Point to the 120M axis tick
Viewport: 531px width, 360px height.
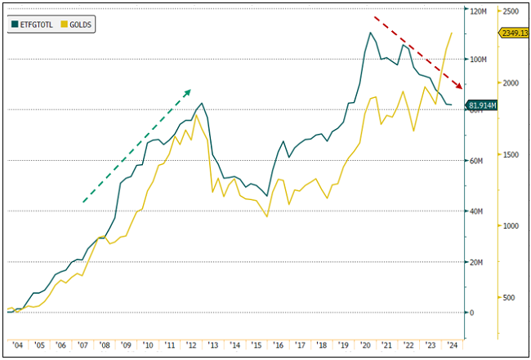point(479,11)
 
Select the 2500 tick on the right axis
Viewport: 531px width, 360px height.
point(512,11)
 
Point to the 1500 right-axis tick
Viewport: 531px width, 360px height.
point(512,154)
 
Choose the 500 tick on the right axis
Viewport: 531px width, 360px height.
point(510,297)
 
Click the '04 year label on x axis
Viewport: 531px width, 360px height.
point(16,345)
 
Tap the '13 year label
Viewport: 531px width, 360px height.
point(212,345)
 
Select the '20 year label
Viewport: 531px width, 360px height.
point(365,345)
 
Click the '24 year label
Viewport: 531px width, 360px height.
point(453,345)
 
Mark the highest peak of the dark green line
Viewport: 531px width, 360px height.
point(370,33)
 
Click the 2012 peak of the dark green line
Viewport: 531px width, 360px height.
point(202,104)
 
